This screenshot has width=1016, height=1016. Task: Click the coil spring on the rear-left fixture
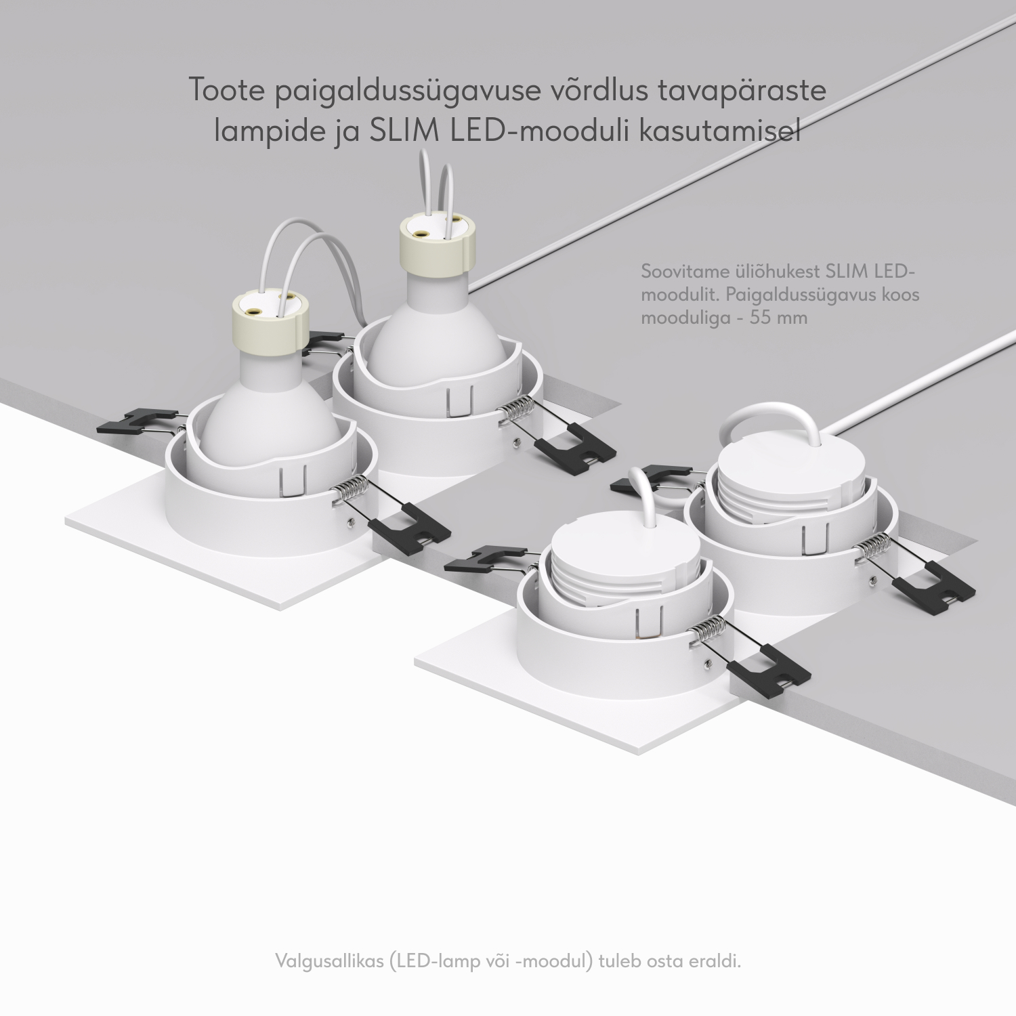pyautogui.click(x=517, y=410)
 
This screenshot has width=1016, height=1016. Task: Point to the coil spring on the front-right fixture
pyautogui.click(x=707, y=631)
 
